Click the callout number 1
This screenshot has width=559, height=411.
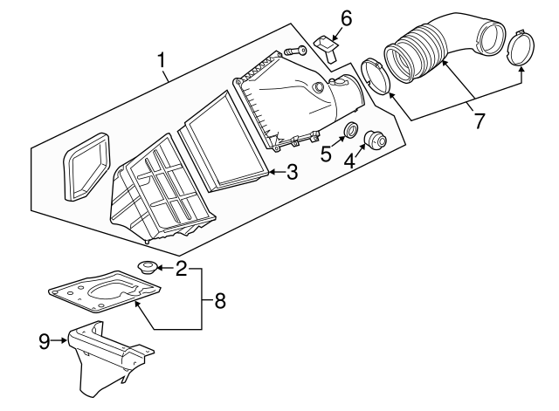point(162,60)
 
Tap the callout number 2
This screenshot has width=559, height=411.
point(181,269)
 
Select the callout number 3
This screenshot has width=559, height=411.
point(292,172)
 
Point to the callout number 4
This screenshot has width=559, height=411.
point(349,161)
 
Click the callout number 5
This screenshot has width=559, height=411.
point(326,154)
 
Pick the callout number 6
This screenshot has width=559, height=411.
point(346,18)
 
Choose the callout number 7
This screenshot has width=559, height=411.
point(480,120)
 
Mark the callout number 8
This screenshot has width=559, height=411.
point(220,301)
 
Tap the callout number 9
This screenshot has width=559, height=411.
point(45,341)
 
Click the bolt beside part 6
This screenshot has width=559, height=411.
point(295,51)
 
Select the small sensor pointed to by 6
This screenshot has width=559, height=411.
point(326,46)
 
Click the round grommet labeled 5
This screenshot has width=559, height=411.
point(350,129)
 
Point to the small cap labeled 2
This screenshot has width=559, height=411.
point(147,268)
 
